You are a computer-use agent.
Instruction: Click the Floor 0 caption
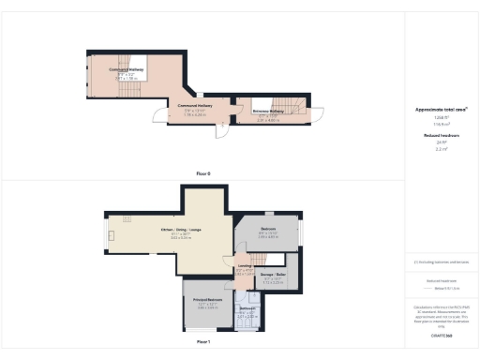(202, 174)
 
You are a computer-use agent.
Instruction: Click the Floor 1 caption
(202, 343)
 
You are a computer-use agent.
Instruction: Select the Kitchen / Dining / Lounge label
(181, 230)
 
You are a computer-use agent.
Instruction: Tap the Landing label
(244, 267)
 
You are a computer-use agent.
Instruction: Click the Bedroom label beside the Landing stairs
(268, 229)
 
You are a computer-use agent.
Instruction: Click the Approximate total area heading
(441, 110)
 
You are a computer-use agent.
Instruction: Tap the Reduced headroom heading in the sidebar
(441, 136)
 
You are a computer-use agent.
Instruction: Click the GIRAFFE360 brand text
(441, 334)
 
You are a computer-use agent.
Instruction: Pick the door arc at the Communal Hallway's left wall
(159, 117)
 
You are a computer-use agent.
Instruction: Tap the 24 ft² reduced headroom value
(441, 142)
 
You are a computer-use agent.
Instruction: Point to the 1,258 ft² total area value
(441, 116)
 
